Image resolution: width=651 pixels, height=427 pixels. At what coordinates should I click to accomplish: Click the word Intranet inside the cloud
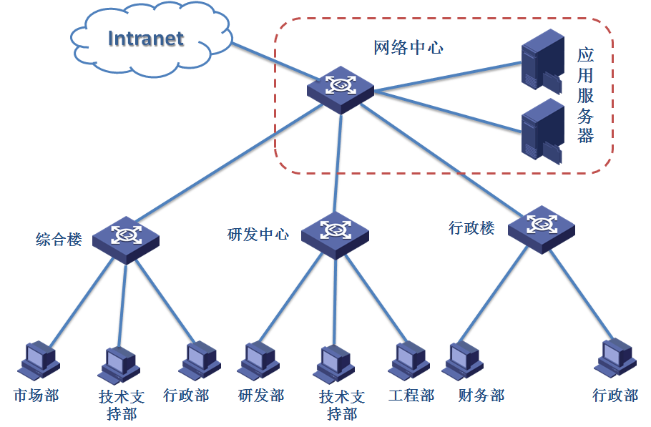click(146, 38)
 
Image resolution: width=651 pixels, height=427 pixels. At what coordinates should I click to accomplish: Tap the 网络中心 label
click(408, 48)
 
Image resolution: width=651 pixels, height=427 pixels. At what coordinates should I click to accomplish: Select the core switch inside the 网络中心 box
click(341, 87)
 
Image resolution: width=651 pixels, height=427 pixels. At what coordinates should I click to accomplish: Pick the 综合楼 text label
click(59, 239)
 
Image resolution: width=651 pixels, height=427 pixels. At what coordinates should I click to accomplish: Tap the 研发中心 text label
click(258, 234)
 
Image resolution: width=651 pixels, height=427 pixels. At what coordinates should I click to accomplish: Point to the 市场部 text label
click(36, 396)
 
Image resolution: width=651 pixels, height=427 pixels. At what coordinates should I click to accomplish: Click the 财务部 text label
click(481, 396)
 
